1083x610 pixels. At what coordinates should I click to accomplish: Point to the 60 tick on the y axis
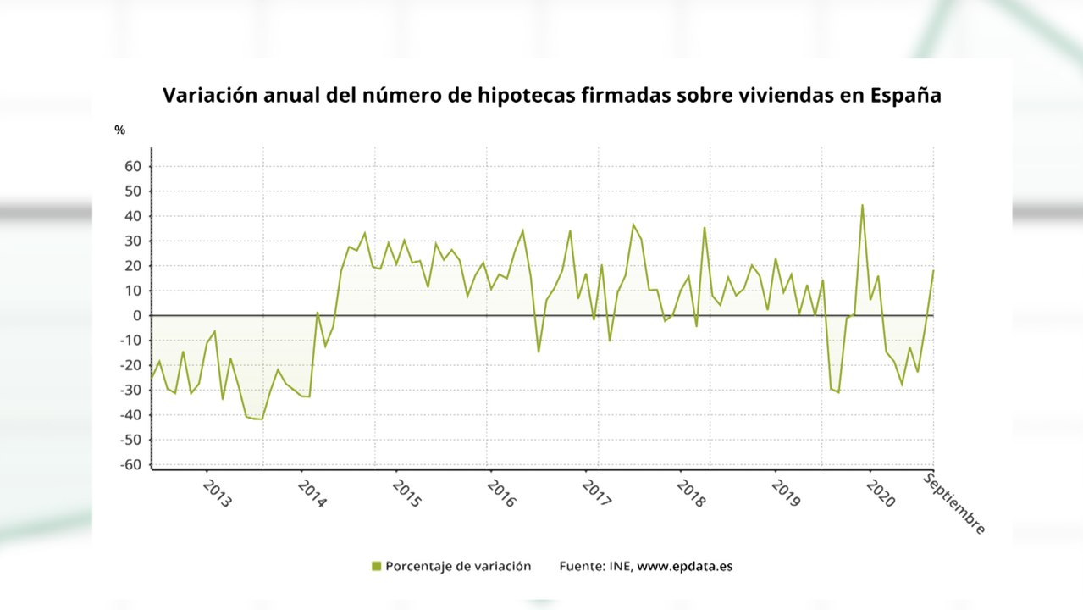click(132, 166)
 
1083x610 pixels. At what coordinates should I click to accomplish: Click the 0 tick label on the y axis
click(135, 316)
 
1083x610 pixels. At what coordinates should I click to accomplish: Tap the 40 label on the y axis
click(132, 216)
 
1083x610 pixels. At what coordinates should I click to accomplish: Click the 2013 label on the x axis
click(217, 494)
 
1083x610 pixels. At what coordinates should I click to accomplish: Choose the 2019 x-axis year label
click(786, 494)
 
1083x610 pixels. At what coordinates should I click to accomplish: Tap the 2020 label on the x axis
click(881, 494)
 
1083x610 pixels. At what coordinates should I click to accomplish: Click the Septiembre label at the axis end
click(954, 504)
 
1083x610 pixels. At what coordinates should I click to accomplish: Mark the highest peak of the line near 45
click(862, 205)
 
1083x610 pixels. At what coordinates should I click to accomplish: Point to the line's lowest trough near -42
click(261, 419)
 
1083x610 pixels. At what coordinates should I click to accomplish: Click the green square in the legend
click(376, 566)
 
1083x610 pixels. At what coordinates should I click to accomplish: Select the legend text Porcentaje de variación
click(458, 566)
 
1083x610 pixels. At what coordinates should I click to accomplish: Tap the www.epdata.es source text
click(684, 566)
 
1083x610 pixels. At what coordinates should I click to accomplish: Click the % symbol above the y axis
click(120, 130)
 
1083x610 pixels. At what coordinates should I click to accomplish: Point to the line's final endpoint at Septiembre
click(933, 270)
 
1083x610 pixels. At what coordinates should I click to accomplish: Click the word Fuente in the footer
click(580, 566)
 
